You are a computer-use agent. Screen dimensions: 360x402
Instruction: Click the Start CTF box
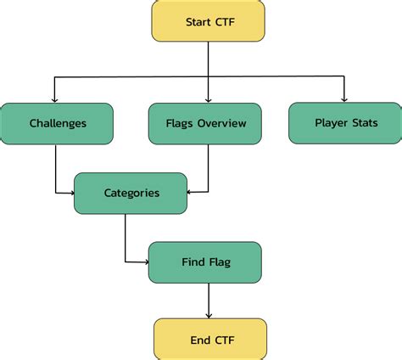(x=208, y=21)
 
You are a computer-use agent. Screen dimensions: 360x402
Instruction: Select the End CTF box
(x=209, y=339)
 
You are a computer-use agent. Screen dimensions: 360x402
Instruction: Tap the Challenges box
(x=57, y=123)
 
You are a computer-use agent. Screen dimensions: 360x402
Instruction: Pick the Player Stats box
(x=345, y=122)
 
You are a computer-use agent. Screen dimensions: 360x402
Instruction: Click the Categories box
(x=131, y=193)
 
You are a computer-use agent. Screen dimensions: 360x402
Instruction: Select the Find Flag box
(x=204, y=262)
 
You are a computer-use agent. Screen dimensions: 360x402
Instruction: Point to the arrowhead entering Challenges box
(x=55, y=99)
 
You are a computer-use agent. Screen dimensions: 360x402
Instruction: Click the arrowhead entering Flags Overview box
(x=208, y=99)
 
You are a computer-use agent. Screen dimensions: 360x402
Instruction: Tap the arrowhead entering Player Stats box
(x=344, y=98)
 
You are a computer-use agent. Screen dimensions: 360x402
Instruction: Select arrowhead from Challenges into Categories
(x=71, y=193)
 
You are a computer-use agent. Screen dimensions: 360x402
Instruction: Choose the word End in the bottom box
(x=198, y=339)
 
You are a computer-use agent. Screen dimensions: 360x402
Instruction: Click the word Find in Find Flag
(x=193, y=262)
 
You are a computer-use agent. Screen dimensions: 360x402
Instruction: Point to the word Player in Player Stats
(x=331, y=122)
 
